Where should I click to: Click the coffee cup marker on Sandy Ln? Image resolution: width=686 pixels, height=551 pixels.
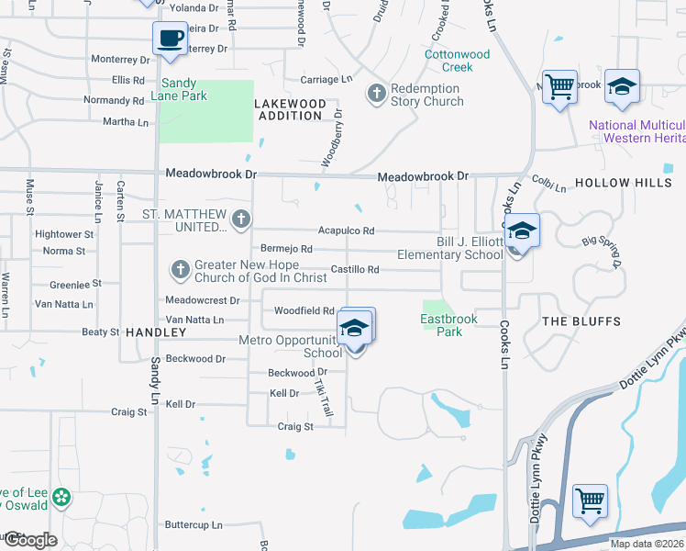(170, 39)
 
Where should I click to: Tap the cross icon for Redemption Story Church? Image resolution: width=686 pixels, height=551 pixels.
(375, 94)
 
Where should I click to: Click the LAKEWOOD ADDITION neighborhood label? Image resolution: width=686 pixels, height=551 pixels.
(291, 110)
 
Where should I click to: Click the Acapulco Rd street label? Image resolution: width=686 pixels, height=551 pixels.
(346, 231)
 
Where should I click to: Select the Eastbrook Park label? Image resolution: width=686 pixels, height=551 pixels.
(441, 325)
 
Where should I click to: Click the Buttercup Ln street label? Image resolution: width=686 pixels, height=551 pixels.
(194, 525)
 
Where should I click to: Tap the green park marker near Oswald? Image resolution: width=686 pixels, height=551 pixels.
(61, 499)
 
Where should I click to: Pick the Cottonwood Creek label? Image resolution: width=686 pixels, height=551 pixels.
(457, 61)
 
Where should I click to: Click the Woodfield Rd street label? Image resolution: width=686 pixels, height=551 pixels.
(304, 311)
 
